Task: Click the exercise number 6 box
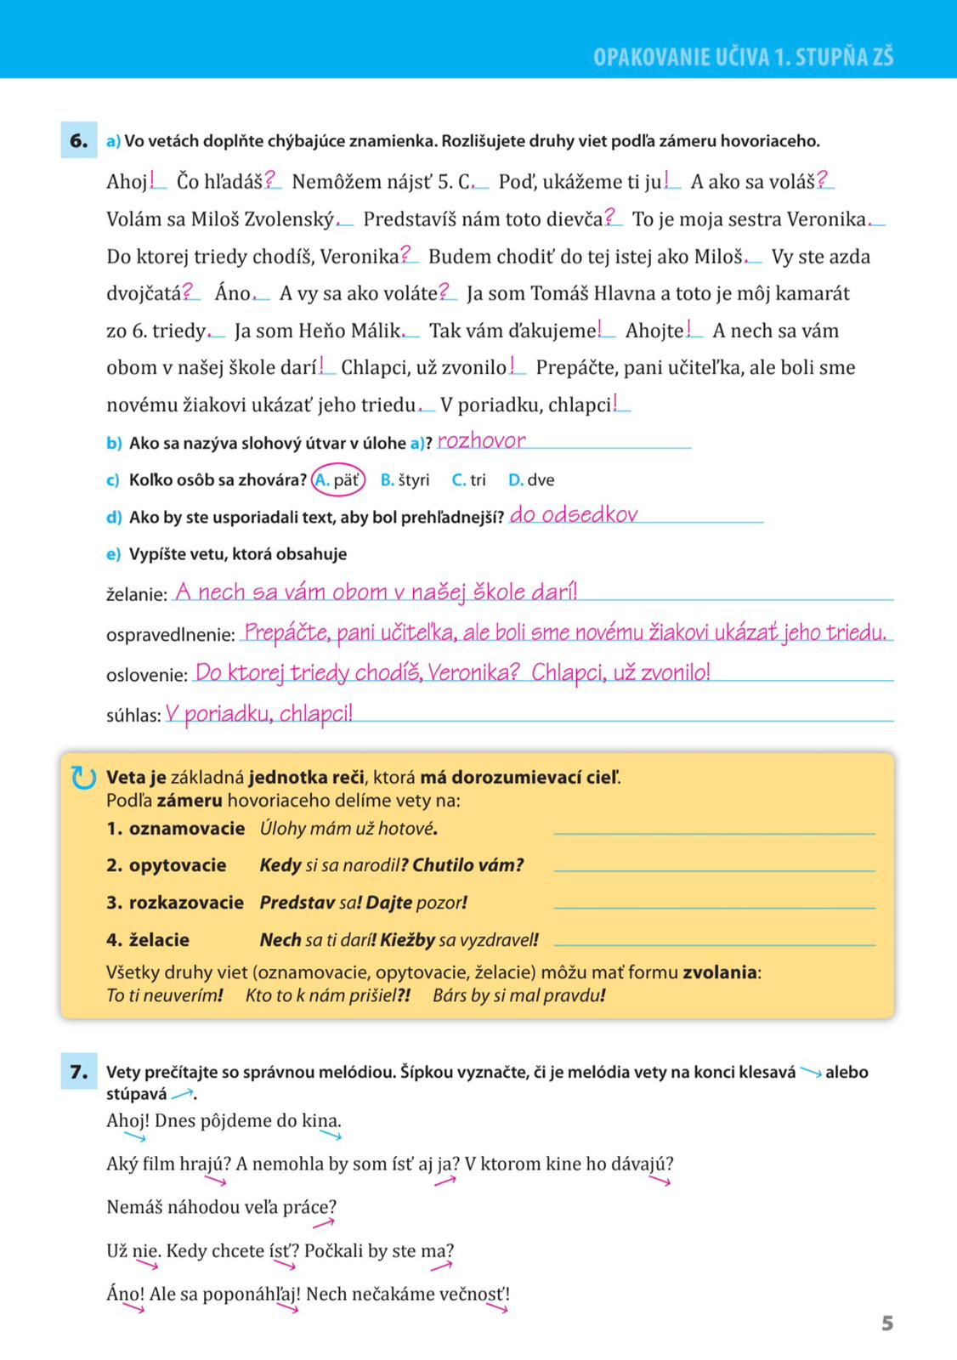point(78,141)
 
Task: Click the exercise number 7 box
point(78,1072)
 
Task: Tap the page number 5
point(887,1323)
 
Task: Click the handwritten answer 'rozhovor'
point(481,440)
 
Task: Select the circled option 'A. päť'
point(338,480)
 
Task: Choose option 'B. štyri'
point(405,480)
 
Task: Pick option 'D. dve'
point(531,480)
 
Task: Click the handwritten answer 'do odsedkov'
point(574,514)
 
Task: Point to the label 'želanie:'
point(137,594)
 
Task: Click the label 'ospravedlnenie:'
point(170,635)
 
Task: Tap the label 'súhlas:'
point(133,716)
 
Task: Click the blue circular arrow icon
point(83,778)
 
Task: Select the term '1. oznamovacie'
point(176,829)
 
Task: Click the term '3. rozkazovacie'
point(175,903)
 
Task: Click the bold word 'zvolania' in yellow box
point(720,972)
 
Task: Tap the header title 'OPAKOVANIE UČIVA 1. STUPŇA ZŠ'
point(743,57)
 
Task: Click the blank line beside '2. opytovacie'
point(714,869)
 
